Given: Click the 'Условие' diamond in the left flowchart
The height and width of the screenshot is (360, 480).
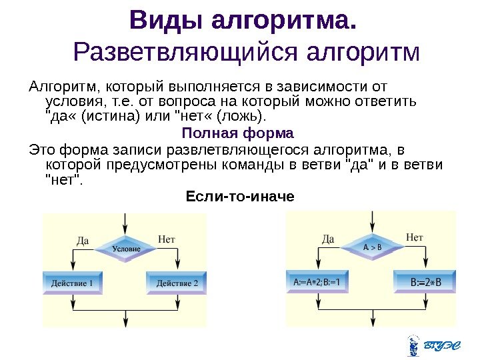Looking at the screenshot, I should click(x=126, y=248).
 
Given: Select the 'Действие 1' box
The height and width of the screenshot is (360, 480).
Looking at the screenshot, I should click(x=73, y=283).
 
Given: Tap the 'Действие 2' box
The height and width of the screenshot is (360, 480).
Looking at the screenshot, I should click(x=177, y=283).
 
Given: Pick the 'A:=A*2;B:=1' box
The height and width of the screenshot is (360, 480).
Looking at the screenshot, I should click(x=317, y=281).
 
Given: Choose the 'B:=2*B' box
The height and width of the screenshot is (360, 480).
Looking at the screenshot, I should click(x=425, y=281).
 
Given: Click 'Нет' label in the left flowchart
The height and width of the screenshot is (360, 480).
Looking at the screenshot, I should click(x=167, y=238).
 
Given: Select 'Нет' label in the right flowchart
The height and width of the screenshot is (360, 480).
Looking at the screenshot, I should click(x=414, y=237).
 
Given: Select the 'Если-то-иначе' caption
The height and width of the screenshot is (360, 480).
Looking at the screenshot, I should click(x=238, y=197).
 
